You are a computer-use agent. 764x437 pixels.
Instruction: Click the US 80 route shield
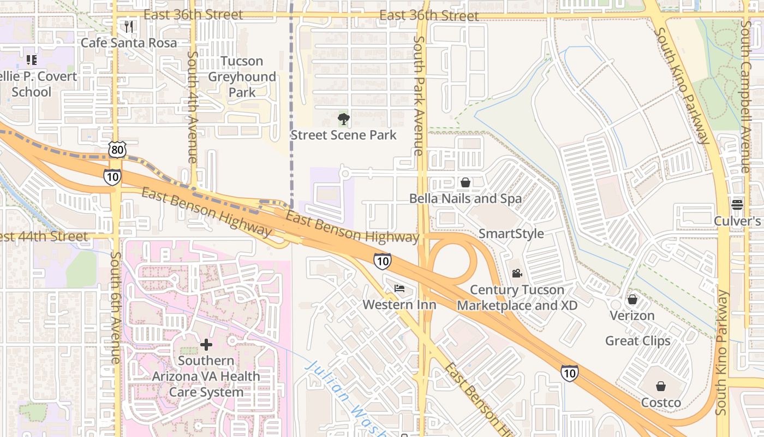coord(117,149)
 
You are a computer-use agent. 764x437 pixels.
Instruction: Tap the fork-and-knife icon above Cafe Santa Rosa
coord(129,26)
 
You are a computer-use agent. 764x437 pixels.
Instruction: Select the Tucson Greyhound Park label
coord(242,76)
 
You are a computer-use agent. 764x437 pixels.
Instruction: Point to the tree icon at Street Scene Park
coord(343,119)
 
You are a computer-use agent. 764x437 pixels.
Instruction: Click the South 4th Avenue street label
coord(192,107)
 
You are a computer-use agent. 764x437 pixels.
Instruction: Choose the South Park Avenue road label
coord(419,96)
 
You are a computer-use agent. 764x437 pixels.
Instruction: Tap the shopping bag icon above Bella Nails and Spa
coord(465,182)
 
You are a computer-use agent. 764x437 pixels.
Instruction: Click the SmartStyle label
coord(511,234)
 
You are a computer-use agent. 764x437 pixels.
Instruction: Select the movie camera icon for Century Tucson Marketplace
coord(517,273)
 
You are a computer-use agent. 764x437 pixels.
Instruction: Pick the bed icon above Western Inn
coord(399,288)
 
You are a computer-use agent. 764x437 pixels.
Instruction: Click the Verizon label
coord(632,316)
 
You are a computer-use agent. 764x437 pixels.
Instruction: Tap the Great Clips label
coord(637,341)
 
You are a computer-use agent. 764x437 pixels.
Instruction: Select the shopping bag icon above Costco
coord(661,386)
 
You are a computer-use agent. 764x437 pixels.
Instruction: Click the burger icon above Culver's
coord(737,204)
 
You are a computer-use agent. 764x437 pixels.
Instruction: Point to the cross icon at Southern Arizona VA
coord(206,344)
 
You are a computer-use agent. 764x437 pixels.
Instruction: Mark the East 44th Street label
coord(44,237)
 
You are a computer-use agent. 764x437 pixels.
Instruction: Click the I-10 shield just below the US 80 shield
coord(112,176)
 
